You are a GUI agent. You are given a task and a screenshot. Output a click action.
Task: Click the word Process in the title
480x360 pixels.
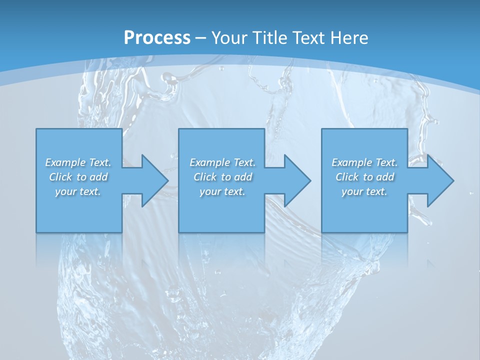157,37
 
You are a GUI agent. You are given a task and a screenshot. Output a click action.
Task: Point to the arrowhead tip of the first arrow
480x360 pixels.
168,180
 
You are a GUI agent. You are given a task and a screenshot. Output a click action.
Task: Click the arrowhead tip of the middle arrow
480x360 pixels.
311,180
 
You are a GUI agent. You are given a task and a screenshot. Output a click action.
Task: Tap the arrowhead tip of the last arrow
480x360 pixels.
454,180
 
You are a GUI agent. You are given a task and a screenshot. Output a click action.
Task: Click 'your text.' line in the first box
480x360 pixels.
78,191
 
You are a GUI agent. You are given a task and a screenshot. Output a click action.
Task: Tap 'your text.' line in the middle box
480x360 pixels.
222,191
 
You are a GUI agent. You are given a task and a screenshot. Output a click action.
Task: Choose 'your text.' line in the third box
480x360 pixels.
364,191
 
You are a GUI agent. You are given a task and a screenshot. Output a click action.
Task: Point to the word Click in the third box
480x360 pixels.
347,177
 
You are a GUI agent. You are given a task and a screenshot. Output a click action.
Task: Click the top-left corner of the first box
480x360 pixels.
36,129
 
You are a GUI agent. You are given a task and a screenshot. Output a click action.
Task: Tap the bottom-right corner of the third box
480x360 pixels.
407,232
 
